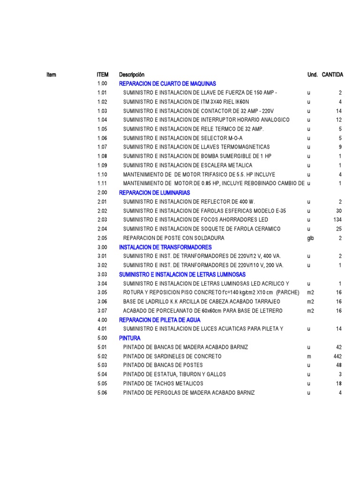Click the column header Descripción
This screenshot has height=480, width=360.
coord(132,75)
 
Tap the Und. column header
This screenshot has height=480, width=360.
coord(312,75)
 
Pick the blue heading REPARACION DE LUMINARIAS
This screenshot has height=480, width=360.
coord(154,193)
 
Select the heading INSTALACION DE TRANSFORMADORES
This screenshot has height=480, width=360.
coord(165,247)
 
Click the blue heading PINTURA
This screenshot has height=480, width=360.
coord(130,338)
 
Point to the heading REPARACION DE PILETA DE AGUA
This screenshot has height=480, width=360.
coord(160,320)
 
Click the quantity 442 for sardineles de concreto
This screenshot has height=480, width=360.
coord(337,356)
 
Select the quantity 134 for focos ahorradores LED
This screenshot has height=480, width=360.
coord(337,220)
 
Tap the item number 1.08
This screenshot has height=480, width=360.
coord(102,156)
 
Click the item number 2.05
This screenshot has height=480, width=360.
coord(102,238)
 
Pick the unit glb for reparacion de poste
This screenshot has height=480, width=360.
coord(310,238)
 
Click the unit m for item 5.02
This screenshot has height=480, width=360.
coord(309,356)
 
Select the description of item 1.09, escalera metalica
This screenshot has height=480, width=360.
coord(187,165)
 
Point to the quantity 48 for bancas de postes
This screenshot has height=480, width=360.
coord(338,365)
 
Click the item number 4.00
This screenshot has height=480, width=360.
coord(102,320)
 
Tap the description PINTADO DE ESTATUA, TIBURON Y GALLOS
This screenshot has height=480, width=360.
coord(174,374)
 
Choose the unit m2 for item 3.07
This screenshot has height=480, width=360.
coord(310,311)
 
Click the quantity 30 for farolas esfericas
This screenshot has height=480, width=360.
coord(338,211)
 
